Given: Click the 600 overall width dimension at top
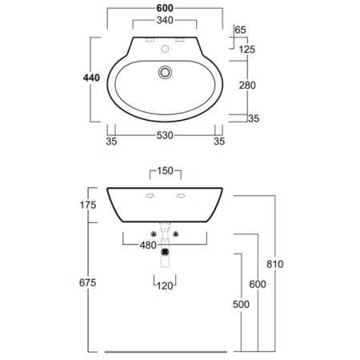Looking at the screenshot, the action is pos(165,8).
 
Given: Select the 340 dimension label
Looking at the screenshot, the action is pos(165,20).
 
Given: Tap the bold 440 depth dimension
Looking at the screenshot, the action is pos(91,78).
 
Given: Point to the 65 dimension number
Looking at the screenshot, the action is pos(240,30).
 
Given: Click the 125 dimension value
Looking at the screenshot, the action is pos(247,50).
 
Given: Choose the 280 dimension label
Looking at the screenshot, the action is pos(247,86).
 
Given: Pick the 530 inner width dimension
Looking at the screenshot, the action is pos(165,135).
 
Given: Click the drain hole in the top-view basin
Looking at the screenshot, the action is pos(165,72).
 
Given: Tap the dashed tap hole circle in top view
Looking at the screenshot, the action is pos(165,49).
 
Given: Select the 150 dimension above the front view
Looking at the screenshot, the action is pos(165,170).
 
